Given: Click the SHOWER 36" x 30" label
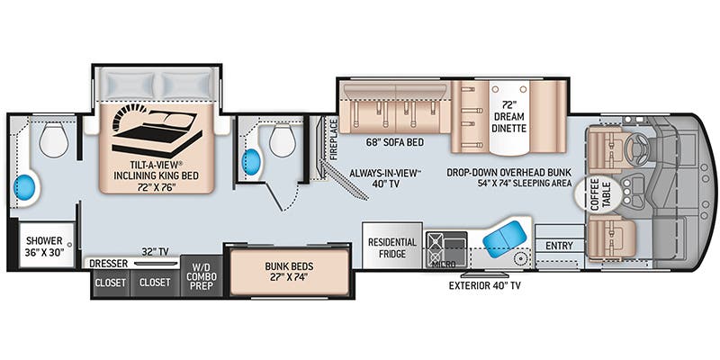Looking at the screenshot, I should click(x=43, y=247).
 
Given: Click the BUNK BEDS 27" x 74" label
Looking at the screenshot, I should click(x=289, y=272).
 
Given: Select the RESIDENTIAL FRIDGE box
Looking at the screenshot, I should click(x=391, y=247).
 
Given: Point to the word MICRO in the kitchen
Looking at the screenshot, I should click(x=443, y=265).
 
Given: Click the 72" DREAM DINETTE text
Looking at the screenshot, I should click(x=509, y=117).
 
